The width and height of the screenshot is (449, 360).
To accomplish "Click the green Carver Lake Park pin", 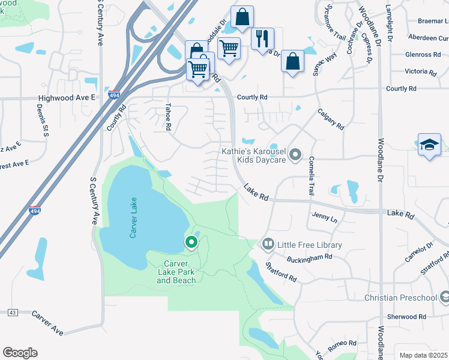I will click(191, 242).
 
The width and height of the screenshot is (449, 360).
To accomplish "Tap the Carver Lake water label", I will click(133, 218).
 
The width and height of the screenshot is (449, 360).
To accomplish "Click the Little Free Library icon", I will click(268, 245).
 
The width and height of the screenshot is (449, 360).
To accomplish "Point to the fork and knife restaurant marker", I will click(262, 39).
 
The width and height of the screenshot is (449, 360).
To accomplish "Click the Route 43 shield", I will click(12, 313).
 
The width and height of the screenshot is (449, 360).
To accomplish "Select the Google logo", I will click(20, 353).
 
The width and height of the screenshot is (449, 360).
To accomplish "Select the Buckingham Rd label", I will click(310, 256).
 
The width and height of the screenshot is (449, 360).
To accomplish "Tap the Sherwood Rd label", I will click(407, 316).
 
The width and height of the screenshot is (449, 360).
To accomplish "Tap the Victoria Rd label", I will click(420, 71).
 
